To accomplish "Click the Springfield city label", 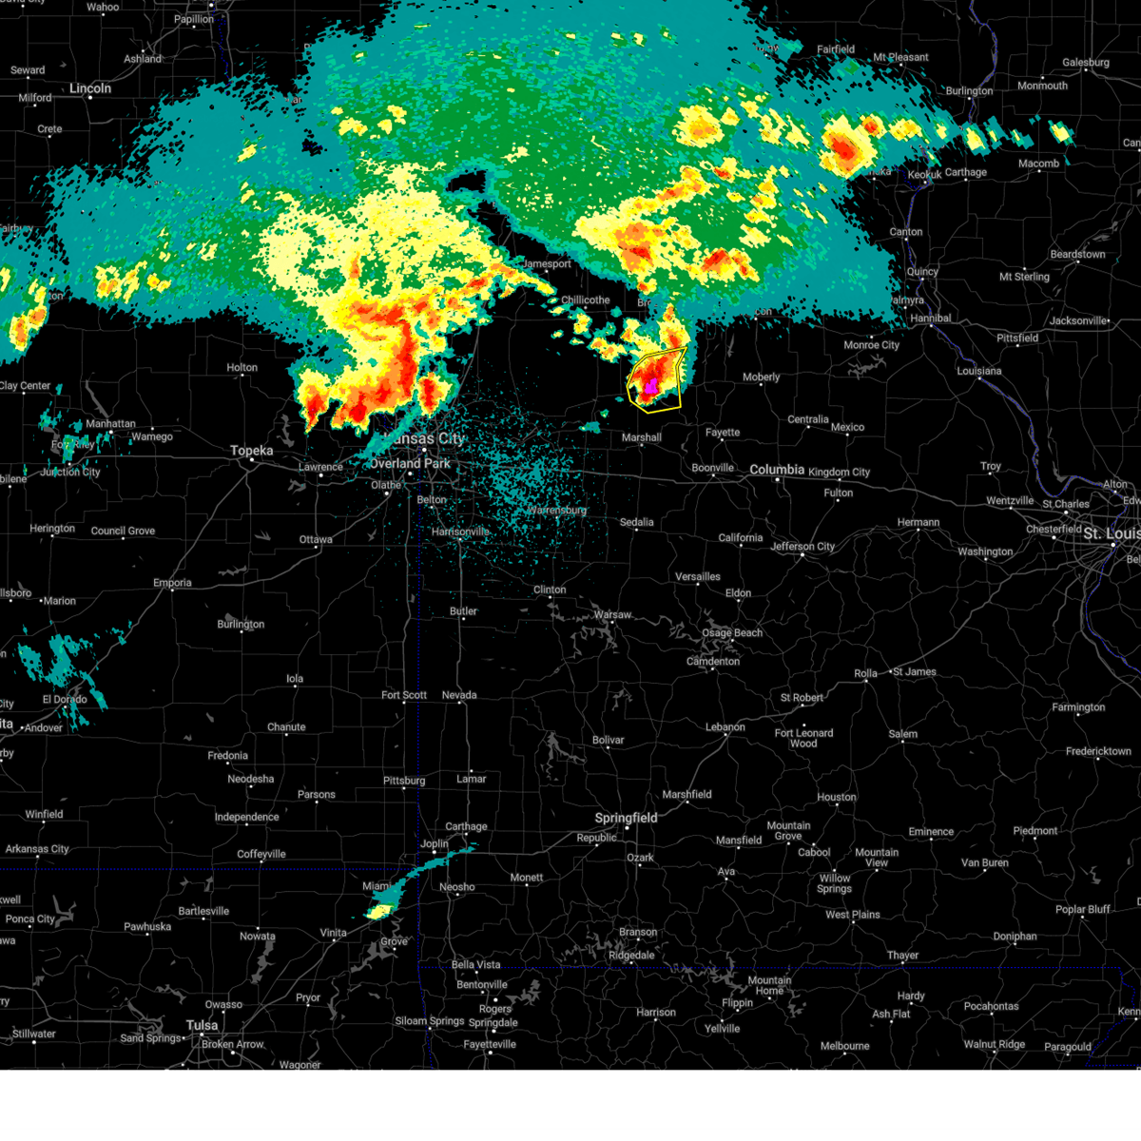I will (x=626, y=818).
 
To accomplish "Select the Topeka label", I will (x=252, y=451).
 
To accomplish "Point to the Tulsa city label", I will (x=202, y=1025).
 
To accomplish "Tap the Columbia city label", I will (x=777, y=470).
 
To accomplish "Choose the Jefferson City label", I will (x=803, y=546).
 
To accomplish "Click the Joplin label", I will (x=435, y=843).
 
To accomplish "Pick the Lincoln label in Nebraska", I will (x=90, y=88).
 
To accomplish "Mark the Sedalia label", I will (x=636, y=522).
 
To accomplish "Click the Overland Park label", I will (x=410, y=464).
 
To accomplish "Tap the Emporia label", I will (x=172, y=583).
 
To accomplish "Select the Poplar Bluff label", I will (x=1082, y=909).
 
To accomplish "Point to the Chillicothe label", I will (x=585, y=300).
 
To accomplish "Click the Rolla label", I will (x=865, y=673).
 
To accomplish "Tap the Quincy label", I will (x=922, y=272).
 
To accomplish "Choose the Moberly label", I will (x=761, y=377).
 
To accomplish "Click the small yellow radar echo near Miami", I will (x=379, y=911).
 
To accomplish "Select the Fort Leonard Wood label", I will (x=803, y=738).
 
